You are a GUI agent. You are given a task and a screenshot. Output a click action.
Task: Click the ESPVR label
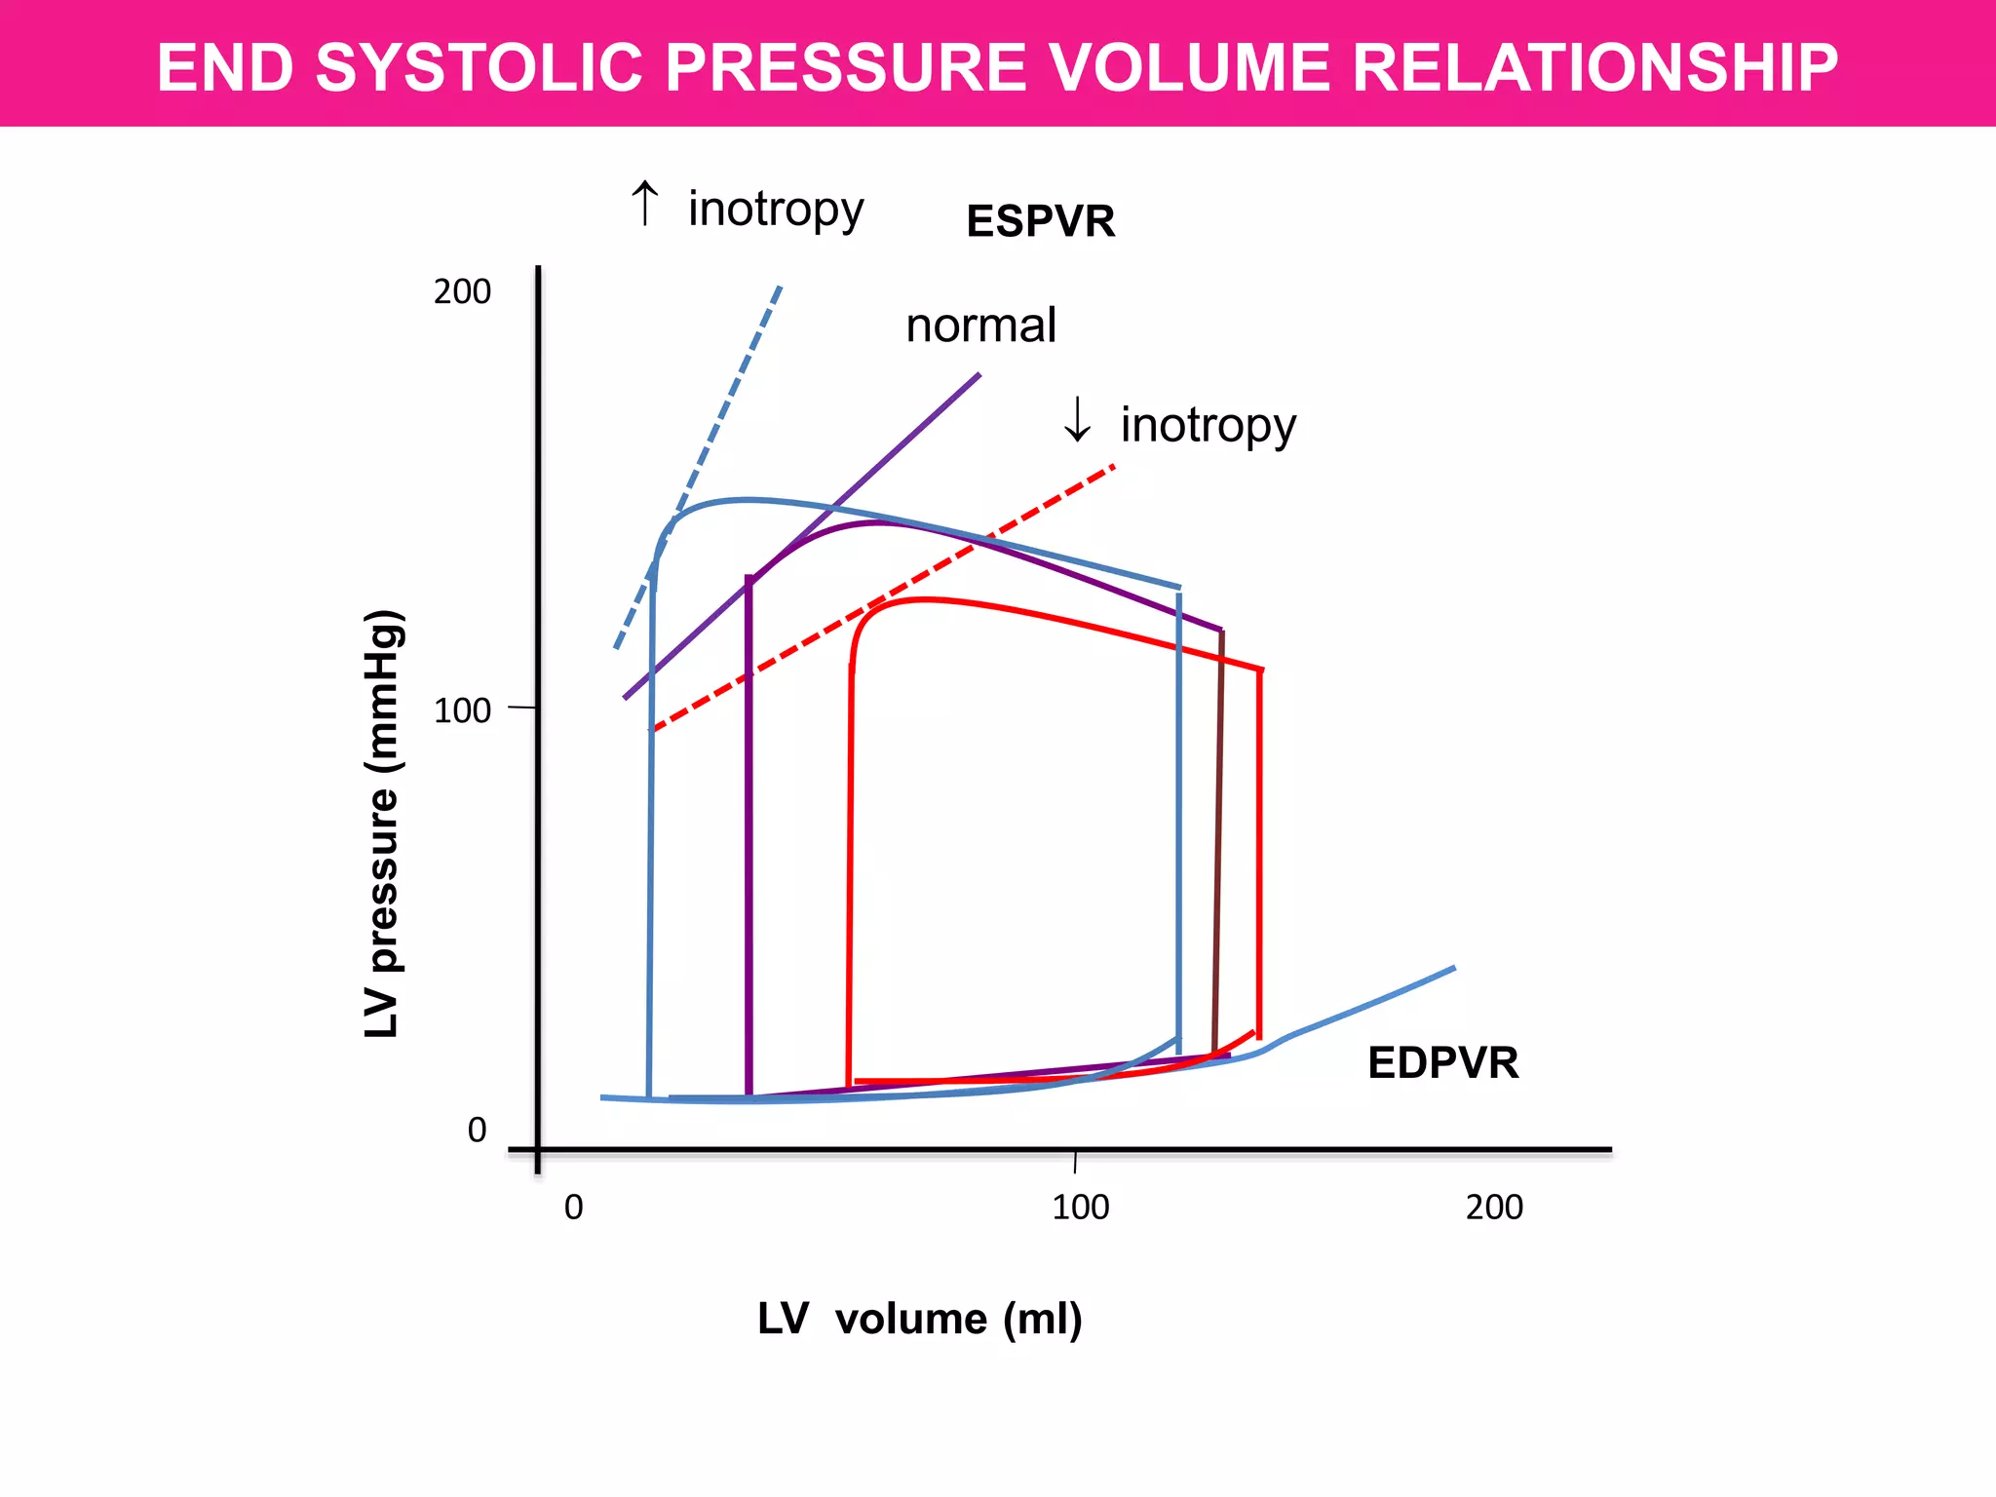[1040, 221]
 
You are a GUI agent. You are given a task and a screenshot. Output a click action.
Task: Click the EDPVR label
[1442, 1062]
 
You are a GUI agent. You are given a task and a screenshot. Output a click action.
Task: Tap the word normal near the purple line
[980, 326]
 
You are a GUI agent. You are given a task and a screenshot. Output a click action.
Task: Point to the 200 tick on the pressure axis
[462, 291]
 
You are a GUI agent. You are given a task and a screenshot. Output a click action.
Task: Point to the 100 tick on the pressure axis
[462, 710]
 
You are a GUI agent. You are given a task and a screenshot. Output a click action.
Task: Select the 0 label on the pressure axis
[477, 1130]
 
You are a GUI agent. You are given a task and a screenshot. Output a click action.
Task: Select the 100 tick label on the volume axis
[1080, 1208]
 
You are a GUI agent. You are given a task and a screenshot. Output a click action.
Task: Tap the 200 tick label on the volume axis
[1494, 1208]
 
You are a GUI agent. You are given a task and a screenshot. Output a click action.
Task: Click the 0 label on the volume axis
[574, 1208]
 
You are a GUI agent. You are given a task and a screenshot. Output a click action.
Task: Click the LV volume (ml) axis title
[919, 1319]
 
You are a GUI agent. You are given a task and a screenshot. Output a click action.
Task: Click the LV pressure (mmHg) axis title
[382, 824]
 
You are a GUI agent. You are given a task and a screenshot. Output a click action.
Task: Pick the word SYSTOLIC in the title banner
[479, 67]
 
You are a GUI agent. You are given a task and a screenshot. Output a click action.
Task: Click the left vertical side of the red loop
[850, 877]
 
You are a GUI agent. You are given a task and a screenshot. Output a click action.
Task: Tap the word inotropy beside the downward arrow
[1209, 425]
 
